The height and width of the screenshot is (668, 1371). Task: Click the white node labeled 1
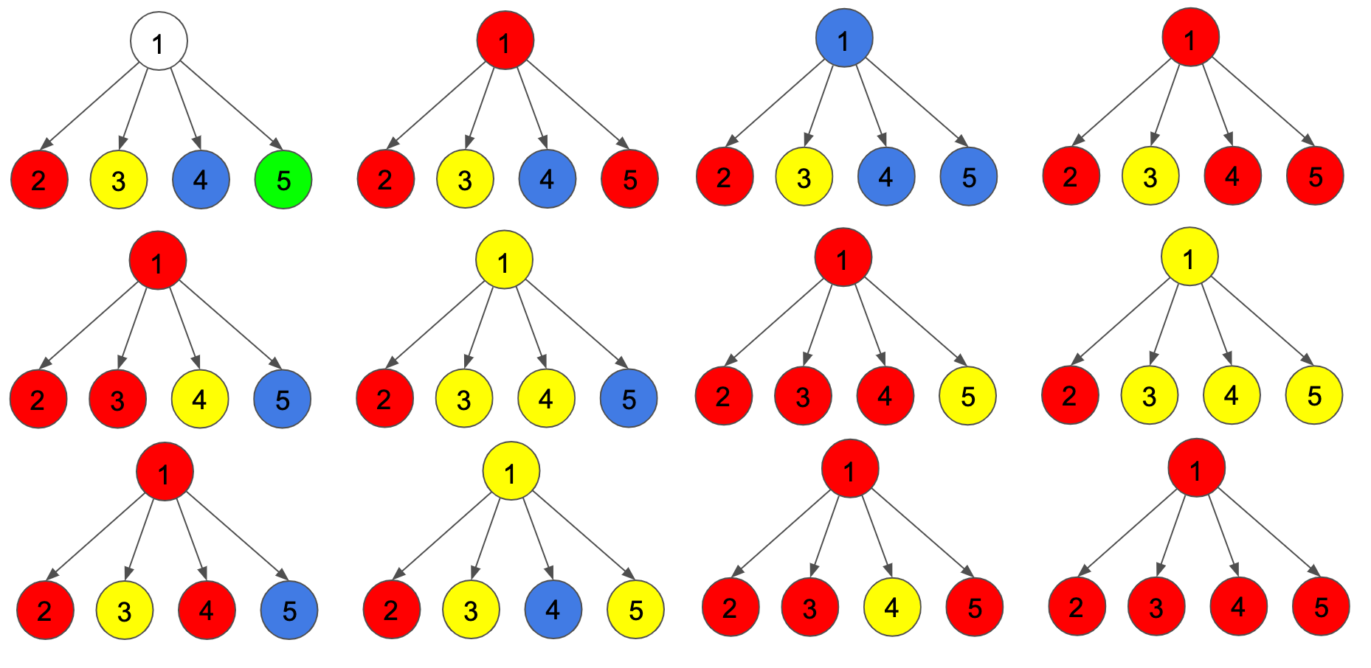tap(159, 41)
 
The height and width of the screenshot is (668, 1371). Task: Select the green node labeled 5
tap(283, 180)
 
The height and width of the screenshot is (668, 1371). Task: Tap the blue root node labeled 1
tap(844, 38)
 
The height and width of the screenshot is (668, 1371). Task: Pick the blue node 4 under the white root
tap(201, 180)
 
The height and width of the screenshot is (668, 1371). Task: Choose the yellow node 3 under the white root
tap(118, 180)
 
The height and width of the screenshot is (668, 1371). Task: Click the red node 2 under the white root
tap(39, 180)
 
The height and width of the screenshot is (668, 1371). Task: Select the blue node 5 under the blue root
tap(968, 177)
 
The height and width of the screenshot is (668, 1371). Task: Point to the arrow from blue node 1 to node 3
tap(821, 103)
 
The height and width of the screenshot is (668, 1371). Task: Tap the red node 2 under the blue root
tap(725, 177)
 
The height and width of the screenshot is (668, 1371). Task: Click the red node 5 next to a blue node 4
tap(629, 179)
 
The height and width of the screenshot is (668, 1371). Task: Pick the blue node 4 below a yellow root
tap(553, 610)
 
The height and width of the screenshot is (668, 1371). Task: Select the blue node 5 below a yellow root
tap(629, 399)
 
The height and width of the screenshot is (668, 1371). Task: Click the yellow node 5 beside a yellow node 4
tap(1314, 396)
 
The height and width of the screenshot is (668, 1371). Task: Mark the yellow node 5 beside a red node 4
tap(967, 396)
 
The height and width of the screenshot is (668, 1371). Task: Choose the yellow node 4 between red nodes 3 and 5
tap(891, 608)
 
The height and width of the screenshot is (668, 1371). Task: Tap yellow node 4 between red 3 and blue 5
tap(199, 399)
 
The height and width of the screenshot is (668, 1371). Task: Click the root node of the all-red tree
tap(1196, 468)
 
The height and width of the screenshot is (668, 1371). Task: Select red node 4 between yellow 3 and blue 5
tap(207, 610)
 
